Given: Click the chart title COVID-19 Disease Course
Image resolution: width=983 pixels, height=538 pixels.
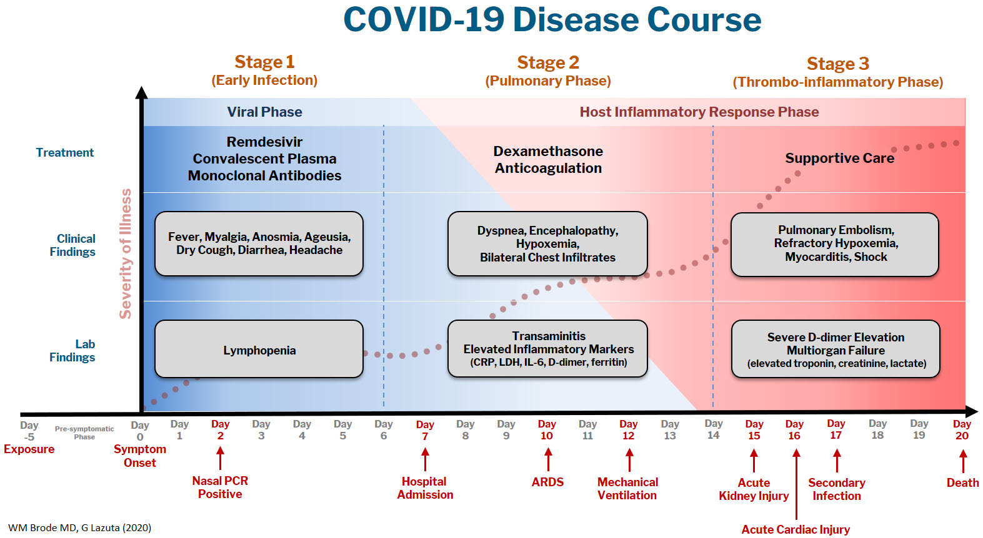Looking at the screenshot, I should (552, 20).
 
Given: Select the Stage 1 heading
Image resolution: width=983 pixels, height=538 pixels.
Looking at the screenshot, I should (264, 62).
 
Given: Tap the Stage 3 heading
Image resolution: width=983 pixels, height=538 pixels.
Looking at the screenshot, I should (837, 64).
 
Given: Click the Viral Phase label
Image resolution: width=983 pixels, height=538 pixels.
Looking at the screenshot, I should (264, 112).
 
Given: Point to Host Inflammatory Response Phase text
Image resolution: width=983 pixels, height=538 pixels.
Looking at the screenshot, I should (699, 112).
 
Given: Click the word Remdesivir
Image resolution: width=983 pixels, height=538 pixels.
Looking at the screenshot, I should (264, 142).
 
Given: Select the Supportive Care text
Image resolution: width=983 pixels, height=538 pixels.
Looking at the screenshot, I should (839, 159).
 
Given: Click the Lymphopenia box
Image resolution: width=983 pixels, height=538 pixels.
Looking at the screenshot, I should (259, 350).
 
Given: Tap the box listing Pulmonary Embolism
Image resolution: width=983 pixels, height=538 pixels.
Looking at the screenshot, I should (835, 244).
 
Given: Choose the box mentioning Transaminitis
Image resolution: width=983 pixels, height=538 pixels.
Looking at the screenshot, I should (547, 349).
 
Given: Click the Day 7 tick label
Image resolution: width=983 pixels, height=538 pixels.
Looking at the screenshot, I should (425, 431).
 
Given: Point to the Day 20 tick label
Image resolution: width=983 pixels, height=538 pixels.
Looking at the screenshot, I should (962, 430).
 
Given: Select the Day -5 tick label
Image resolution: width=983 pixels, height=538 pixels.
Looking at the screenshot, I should (29, 431).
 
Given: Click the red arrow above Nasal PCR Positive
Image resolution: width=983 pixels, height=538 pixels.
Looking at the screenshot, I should (220, 459).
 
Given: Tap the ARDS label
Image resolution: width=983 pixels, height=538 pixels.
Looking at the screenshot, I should (547, 482).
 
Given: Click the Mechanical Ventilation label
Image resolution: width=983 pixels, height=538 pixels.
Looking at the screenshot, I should (627, 489).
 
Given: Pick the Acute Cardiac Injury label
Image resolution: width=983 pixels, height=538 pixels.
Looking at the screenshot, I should (796, 530).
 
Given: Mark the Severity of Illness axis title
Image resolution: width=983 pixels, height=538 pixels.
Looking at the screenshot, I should (126, 253).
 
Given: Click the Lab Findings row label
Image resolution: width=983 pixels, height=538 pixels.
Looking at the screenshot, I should (72, 351).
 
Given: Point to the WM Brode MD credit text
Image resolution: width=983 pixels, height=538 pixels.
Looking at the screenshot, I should (79, 528).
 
